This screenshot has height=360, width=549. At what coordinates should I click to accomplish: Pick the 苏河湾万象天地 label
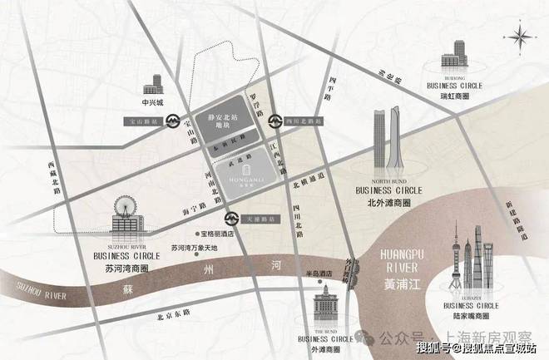[192, 248]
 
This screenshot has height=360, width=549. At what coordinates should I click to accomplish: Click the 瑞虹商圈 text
[454, 96]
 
